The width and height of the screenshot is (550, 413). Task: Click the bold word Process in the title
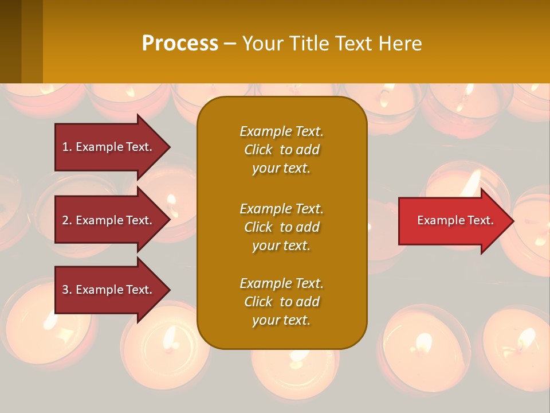tap(180, 44)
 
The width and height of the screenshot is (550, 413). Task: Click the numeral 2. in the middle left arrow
tap(67, 220)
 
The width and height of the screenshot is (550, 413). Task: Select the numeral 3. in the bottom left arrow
tap(67, 290)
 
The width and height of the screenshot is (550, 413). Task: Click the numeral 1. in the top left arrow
tap(66, 147)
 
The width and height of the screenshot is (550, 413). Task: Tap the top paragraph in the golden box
tap(281, 150)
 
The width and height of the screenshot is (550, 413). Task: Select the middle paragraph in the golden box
tap(281, 227)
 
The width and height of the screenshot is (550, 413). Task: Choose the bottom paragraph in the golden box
tap(281, 302)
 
